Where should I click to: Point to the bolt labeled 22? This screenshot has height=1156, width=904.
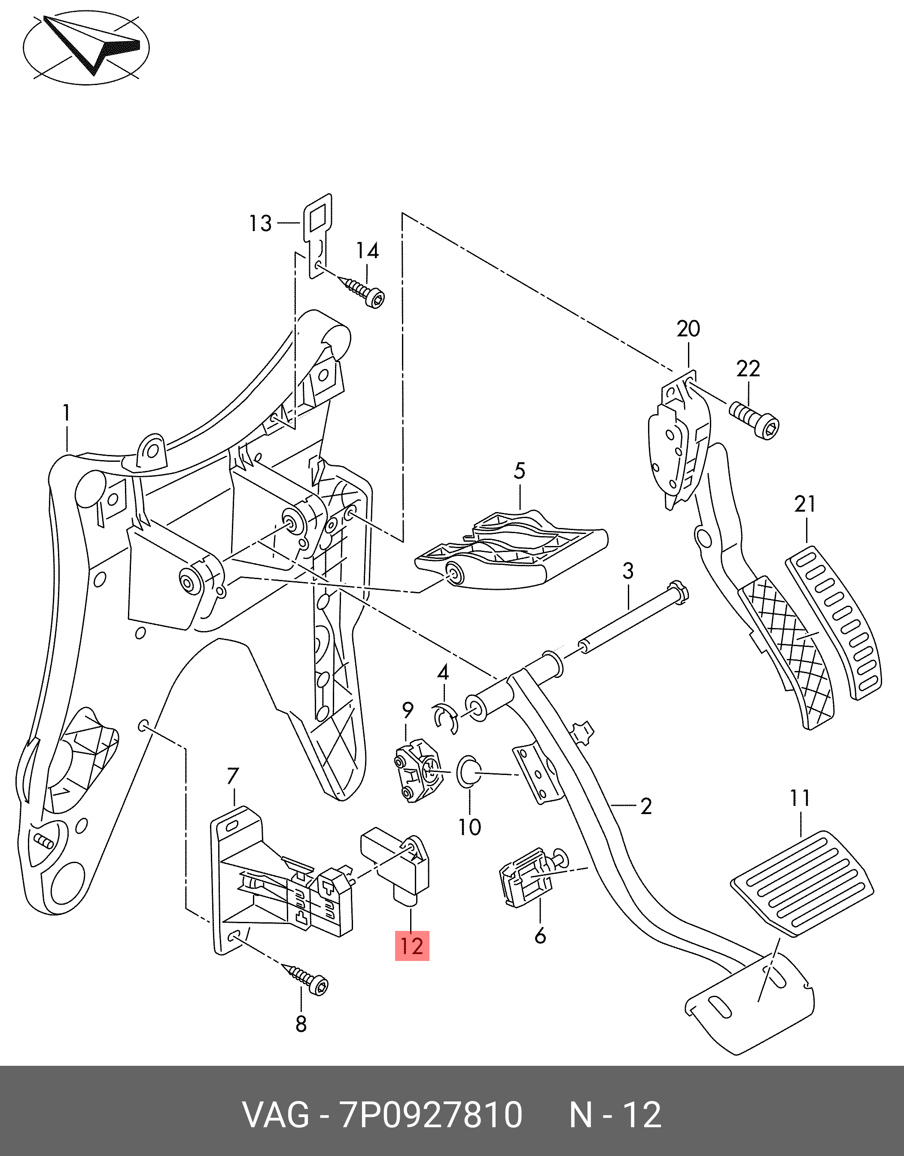[754, 421]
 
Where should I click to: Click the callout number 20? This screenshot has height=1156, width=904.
[688, 329]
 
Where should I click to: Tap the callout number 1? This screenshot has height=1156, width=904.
[67, 413]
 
